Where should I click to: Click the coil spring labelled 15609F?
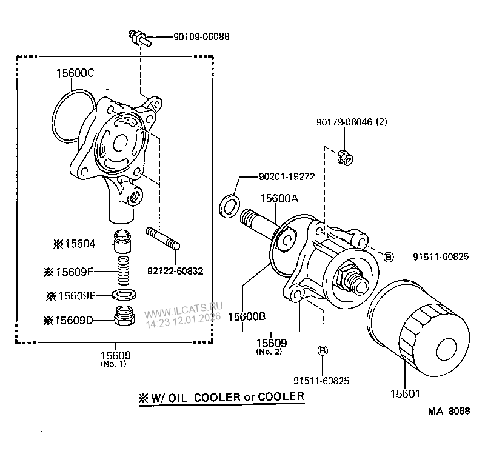coord(124,272)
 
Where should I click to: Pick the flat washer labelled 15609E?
coord(124,295)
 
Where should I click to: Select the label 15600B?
coord(247,316)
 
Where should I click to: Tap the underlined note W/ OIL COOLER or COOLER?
coord(222,397)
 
